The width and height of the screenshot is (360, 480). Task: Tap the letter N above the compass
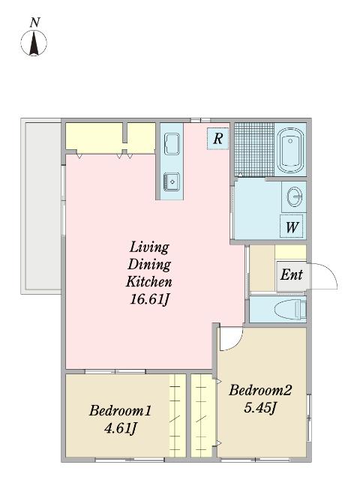pyautogui.click(x=35, y=22)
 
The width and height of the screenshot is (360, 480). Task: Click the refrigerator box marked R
pyautogui.click(x=217, y=139)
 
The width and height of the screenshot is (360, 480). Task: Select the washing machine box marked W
pyautogui.click(x=292, y=226)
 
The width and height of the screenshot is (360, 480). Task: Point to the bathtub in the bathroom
pyautogui.click(x=290, y=150)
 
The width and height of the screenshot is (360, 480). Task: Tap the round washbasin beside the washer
pyautogui.click(x=295, y=196)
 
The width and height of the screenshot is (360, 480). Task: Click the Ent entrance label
pyautogui.click(x=292, y=274)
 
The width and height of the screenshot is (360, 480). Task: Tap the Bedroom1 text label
pyautogui.click(x=120, y=410)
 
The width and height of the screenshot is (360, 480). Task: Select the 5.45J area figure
pyautogui.click(x=260, y=408)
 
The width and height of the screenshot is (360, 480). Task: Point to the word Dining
pyautogui.click(x=149, y=265)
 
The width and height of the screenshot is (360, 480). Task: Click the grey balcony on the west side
pyautogui.click(x=43, y=206)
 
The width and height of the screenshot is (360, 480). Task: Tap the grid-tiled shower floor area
pyautogui.click(x=254, y=149)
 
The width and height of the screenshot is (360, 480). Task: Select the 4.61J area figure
pyautogui.click(x=120, y=428)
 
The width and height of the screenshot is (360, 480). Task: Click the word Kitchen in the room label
pyautogui.click(x=149, y=282)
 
